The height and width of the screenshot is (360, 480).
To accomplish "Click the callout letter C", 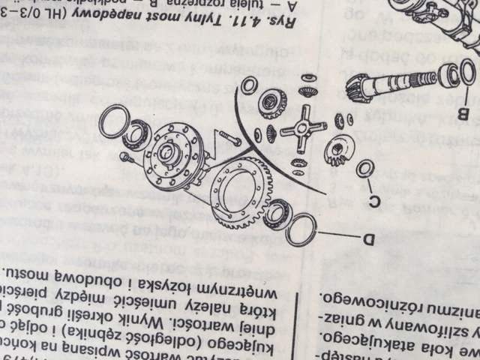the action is point(378,200).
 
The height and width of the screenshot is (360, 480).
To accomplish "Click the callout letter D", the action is point(368,240).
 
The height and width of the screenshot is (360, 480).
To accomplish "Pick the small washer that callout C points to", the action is point(365,169).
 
